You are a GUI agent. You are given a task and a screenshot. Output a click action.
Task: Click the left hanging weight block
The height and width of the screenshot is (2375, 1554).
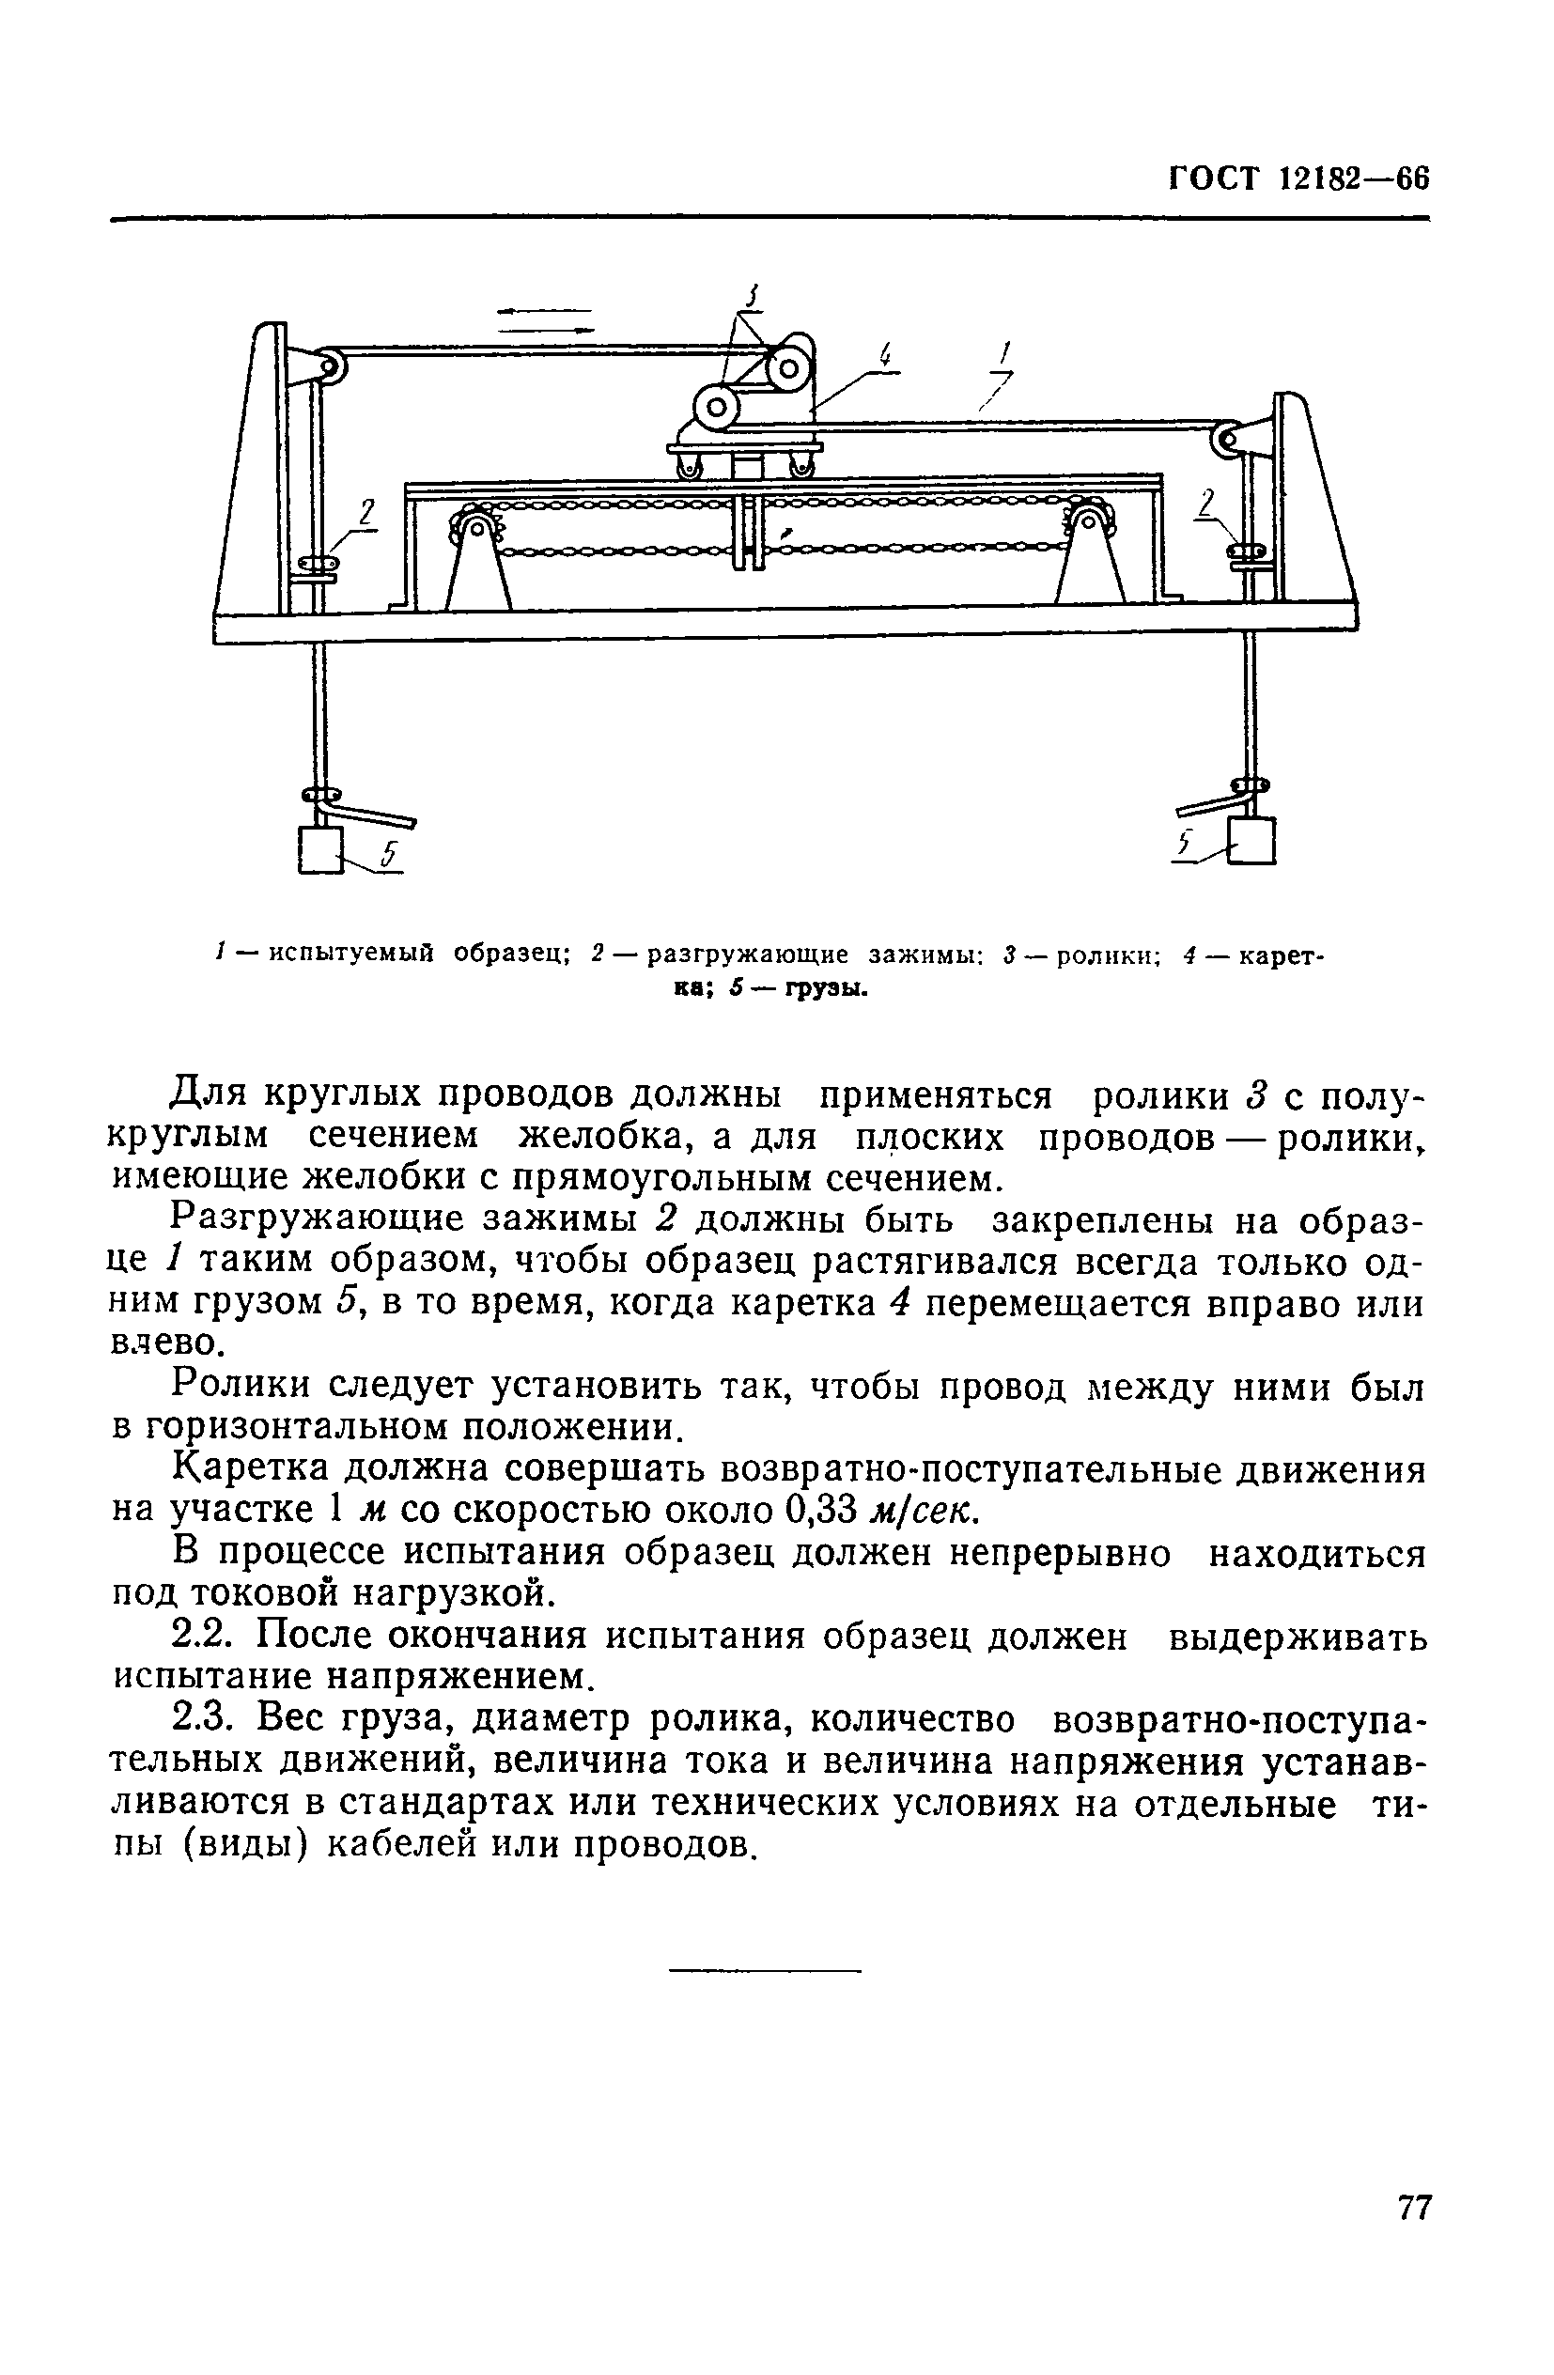click(319, 848)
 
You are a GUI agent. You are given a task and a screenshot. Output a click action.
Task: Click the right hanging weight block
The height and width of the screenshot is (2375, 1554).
click(1254, 840)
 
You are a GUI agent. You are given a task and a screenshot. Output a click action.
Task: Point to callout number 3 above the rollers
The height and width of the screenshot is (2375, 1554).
click(753, 296)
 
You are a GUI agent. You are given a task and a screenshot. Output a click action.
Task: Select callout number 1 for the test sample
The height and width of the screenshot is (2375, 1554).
click(1005, 353)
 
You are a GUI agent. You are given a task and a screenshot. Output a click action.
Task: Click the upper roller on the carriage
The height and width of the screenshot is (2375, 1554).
click(789, 370)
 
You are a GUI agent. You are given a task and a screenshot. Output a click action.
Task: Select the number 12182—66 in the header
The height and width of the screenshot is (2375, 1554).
click(1353, 179)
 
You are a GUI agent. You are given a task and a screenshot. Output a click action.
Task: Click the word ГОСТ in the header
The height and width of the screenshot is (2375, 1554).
click(1215, 179)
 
